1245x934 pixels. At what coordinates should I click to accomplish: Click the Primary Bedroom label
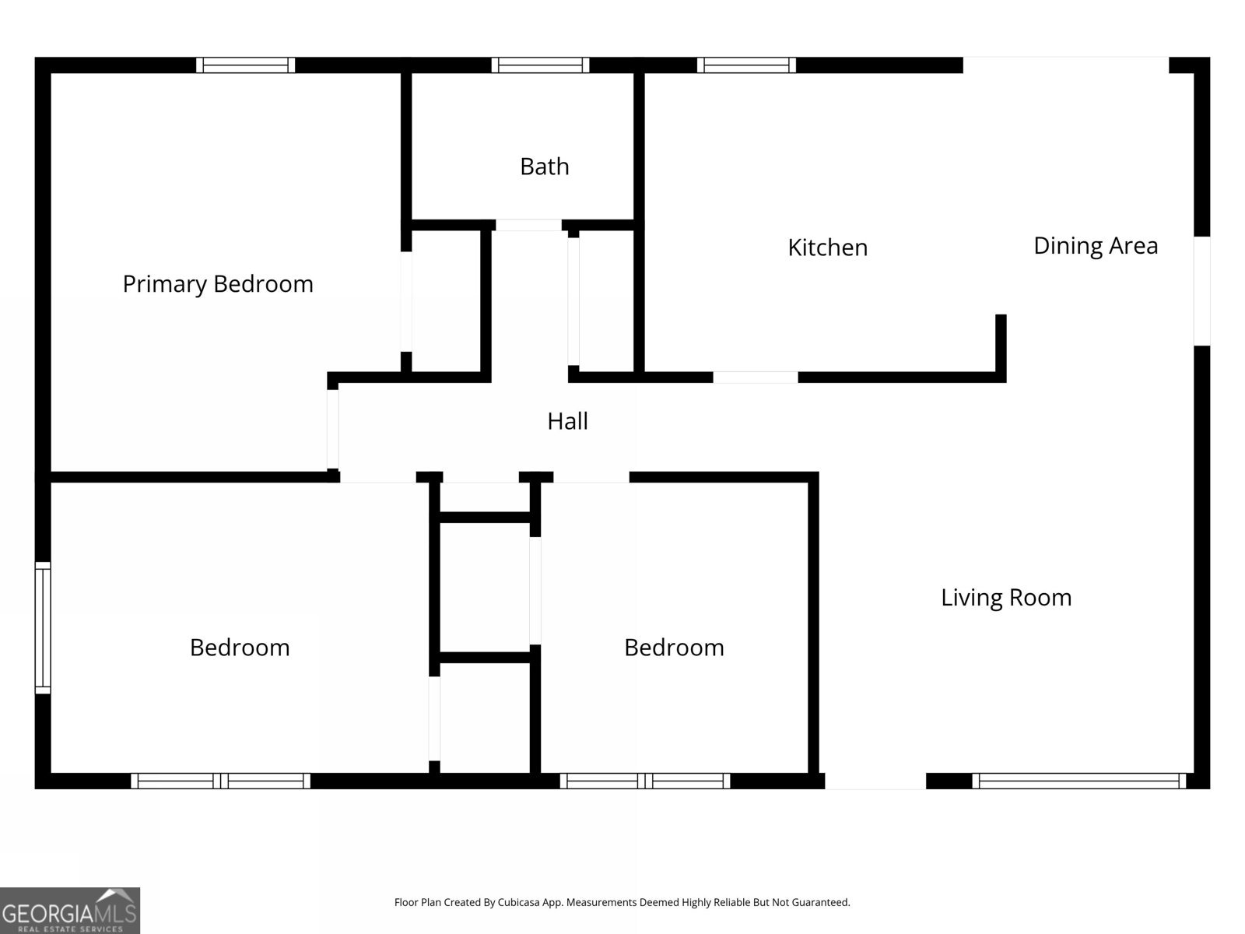point(218,284)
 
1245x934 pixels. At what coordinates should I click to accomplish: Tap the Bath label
point(545,167)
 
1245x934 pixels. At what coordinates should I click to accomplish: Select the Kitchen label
point(828,248)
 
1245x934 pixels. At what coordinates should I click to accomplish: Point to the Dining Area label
point(1096,246)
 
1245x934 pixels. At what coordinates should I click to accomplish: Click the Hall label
point(568,421)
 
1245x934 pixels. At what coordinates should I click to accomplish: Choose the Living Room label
point(1006,598)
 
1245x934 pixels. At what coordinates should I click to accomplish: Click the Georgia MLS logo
point(70,910)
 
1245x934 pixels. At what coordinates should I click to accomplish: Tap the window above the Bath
point(540,65)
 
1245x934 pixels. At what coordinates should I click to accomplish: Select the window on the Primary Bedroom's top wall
point(246,65)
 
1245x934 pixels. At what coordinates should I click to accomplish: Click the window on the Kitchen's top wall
point(746,65)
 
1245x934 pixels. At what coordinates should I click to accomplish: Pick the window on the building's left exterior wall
point(43,628)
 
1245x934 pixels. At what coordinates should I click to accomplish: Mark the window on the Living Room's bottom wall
point(1078,781)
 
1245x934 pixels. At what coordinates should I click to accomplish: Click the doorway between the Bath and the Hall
point(528,225)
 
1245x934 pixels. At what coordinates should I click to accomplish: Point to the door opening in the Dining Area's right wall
point(1202,291)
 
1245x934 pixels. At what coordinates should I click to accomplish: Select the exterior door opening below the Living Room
point(875,781)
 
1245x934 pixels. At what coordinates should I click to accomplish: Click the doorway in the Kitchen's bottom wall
point(756,377)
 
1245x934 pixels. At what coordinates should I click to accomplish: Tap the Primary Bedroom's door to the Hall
point(333,430)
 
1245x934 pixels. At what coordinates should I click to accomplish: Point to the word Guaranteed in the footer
point(819,902)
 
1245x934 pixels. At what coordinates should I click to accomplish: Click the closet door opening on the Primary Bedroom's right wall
point(406,302)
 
